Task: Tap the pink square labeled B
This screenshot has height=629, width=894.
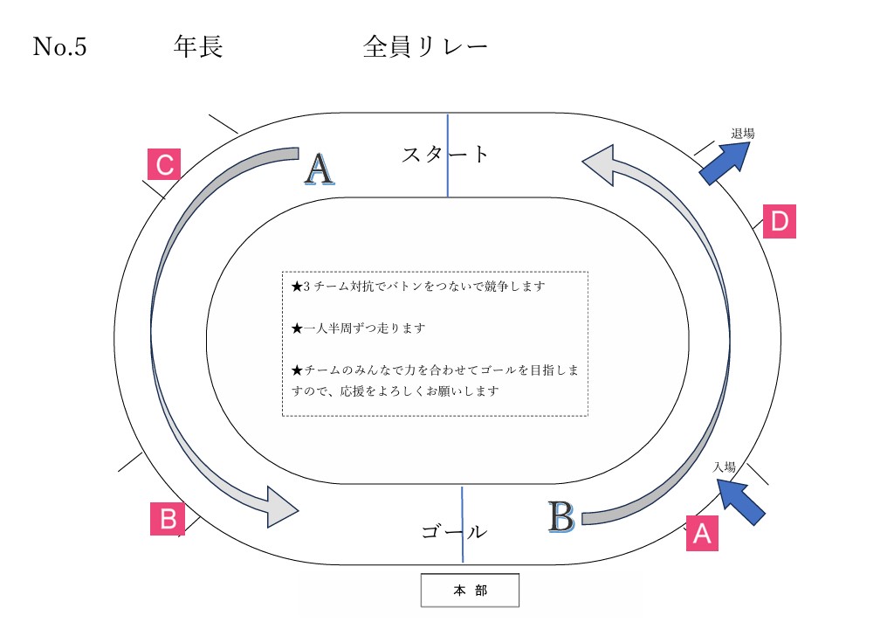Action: pyautogui.click(x=167, y=519)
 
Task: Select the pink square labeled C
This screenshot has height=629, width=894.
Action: pyautogui.click(x=163, y=164)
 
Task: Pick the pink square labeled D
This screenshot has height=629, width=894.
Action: pyautogui.click(x=780, y=221)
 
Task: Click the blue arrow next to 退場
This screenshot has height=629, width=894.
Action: pyautogui.click(x=726, y=162)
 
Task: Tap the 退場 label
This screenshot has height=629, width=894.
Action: pyautogui.click(x=742, y=134)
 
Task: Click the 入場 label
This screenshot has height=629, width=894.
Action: pyautogui.click(x=724, y=467)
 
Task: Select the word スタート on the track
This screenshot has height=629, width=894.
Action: pyautogui.click(x=445, y=155)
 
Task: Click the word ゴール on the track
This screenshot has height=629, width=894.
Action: pyautogui.click(x=453, y=531)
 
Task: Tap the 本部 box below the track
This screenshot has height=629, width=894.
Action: pyautogui.click(x=470, y=591)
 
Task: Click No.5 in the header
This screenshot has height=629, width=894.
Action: pyautogui.click(x=59, y=46)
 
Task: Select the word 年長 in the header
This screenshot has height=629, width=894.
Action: pyautogui.click(x=198, y=46)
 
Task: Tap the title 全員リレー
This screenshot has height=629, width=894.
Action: pyautogui.click(x=425, y=46)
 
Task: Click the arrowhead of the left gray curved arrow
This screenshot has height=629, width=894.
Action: pyautogui.click(x=280, y=507)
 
